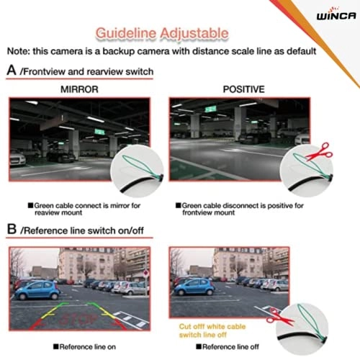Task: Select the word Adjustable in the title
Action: (195, 33)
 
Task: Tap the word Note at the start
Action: (21, 51)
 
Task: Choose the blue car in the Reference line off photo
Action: (194, 287)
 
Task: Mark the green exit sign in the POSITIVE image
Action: (212, 109)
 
